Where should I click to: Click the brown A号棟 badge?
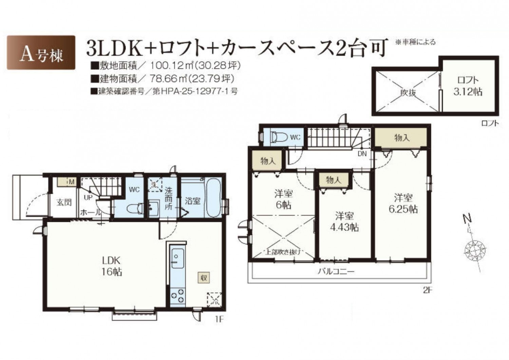point(41,53)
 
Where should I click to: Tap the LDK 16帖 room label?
point(112,266)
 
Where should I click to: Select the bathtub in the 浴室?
point(213,198)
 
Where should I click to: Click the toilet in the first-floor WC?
point(134,208)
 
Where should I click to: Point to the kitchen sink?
point(177,259)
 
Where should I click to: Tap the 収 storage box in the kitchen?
point(204,278)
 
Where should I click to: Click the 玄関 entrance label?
point(64,202)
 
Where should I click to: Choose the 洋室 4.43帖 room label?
point(344,222)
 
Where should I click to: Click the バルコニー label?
point(336,271)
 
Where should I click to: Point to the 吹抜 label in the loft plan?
point(408,93)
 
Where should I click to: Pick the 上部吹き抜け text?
point(283,252)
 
